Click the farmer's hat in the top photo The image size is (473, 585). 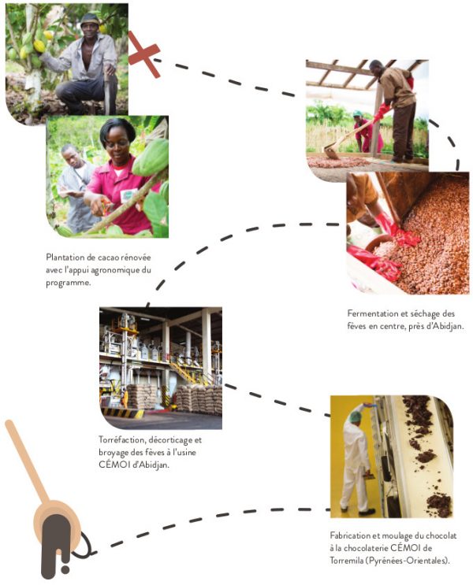click(x=90, y=20)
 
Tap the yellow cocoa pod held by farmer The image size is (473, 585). click(x=39, y=46)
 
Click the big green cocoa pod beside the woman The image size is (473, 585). click(x=151, y=157)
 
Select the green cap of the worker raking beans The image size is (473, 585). click(x=358, y=113)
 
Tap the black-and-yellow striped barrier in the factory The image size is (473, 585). click(x=122, y=413)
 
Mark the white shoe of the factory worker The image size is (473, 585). click(x=366, y=512)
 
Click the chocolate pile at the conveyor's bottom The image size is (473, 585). click(x=439, y=505)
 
